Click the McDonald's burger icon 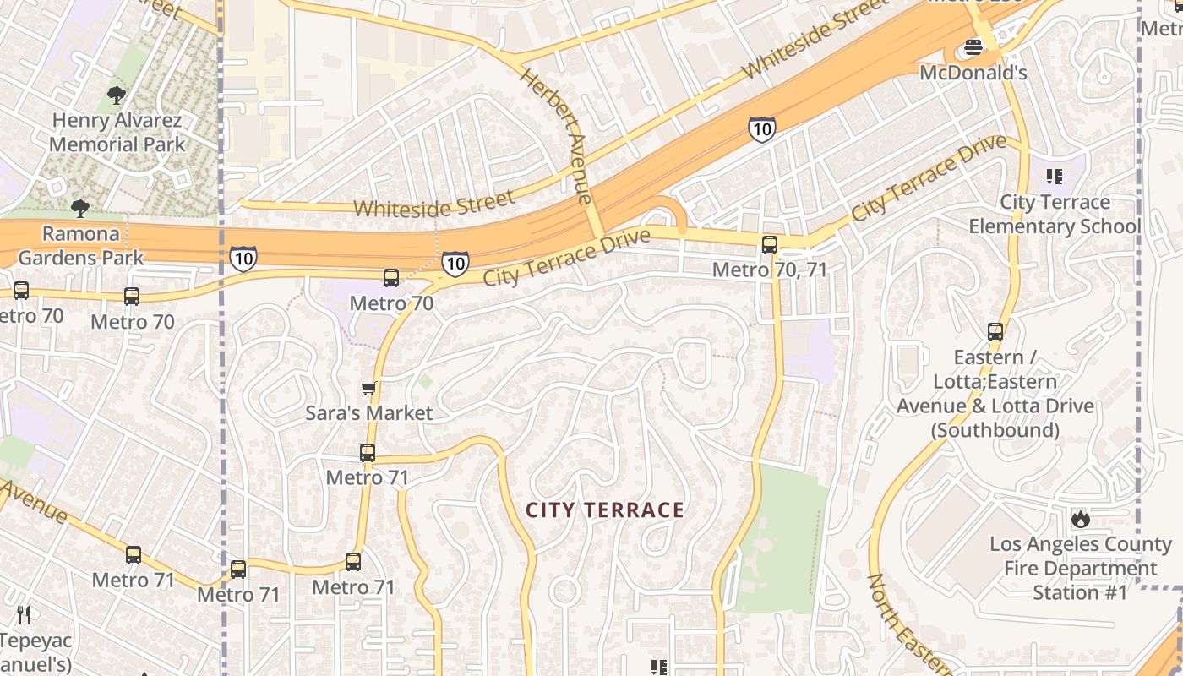[973, 48]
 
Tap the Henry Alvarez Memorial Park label [117, 133]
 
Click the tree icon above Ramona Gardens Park [80, 208]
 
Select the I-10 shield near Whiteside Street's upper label [761, 129]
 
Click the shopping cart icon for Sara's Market [368, 389]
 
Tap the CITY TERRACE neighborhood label [605, 510]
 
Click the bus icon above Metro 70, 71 [769, 245]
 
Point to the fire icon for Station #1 [1080, 519]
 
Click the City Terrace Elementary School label [1054, 215]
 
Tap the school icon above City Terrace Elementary [1054, 176]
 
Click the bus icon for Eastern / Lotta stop [995, 332]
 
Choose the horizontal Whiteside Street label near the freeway [433, 204]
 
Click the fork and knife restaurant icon [24, 615]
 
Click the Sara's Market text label [368, 413]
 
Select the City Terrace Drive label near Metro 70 [566, 257]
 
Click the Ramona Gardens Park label [81, 245]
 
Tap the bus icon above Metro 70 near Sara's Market [390, 278]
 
